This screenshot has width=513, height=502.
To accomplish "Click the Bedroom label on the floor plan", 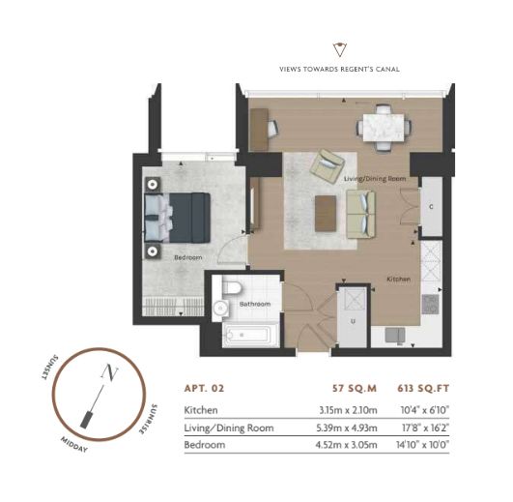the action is [x=188, y=257].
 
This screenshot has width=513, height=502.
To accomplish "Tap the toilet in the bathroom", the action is [x=232, y=287].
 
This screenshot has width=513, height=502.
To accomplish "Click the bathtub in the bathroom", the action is [x=251, y=335].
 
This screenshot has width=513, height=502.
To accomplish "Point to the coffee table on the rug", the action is [x=326, y=213].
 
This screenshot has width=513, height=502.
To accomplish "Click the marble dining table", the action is [x=384, y=128].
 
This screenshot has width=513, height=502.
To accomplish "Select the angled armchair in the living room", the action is [x=328, y=165].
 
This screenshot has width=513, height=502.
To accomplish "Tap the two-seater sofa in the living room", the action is [x=361, y=214].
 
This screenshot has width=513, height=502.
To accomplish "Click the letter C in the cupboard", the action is [x=431, y=207].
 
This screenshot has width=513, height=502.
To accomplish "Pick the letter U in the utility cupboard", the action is [x=353, y=321].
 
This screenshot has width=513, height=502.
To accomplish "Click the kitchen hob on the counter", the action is [x=430, y=305].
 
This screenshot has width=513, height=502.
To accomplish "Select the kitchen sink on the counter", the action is [x=395, y=335].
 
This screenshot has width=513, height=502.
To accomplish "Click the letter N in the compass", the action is [x=109, y=372].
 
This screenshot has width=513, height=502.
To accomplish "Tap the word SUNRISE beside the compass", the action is [x=148, y=420].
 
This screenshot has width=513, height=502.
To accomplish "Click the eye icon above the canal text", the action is [x=340, y=49].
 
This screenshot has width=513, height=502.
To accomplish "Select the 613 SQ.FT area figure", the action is [x=423, y=389].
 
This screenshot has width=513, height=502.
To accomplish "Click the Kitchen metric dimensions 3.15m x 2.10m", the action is [x=348, y=410].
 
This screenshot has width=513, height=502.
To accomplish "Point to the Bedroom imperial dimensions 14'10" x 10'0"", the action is [x=422, y=445].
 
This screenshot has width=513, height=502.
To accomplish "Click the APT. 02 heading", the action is [x=204, y=389].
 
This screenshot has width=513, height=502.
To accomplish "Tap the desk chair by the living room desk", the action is [x=272, y=128].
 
